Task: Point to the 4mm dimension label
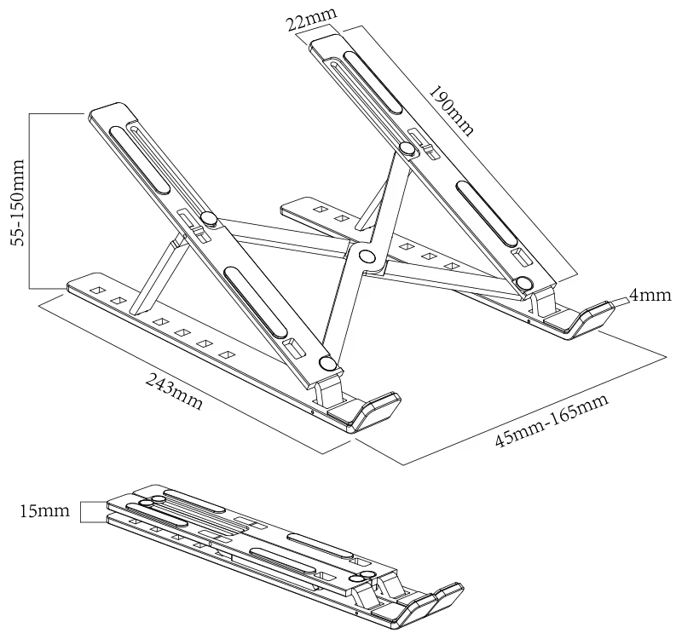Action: click(650, 296)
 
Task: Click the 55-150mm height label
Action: click(18, 199)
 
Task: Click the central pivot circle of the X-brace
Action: click(366, 256)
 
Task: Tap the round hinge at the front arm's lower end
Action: click(328, 365)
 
